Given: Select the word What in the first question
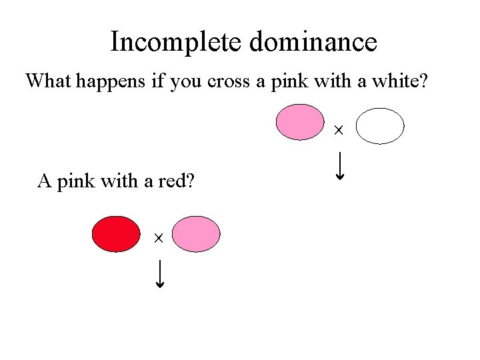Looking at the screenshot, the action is (49, 81).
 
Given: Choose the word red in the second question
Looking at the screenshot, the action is (175, 181).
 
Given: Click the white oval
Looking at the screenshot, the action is (380, 126).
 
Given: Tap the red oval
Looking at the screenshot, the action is (115, 234).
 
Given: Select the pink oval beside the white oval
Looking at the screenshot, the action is (300, 122).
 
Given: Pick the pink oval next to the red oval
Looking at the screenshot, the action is (196, 234).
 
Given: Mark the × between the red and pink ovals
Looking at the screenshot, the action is (159, 237).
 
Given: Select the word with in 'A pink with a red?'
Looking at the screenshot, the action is (119, 181).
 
